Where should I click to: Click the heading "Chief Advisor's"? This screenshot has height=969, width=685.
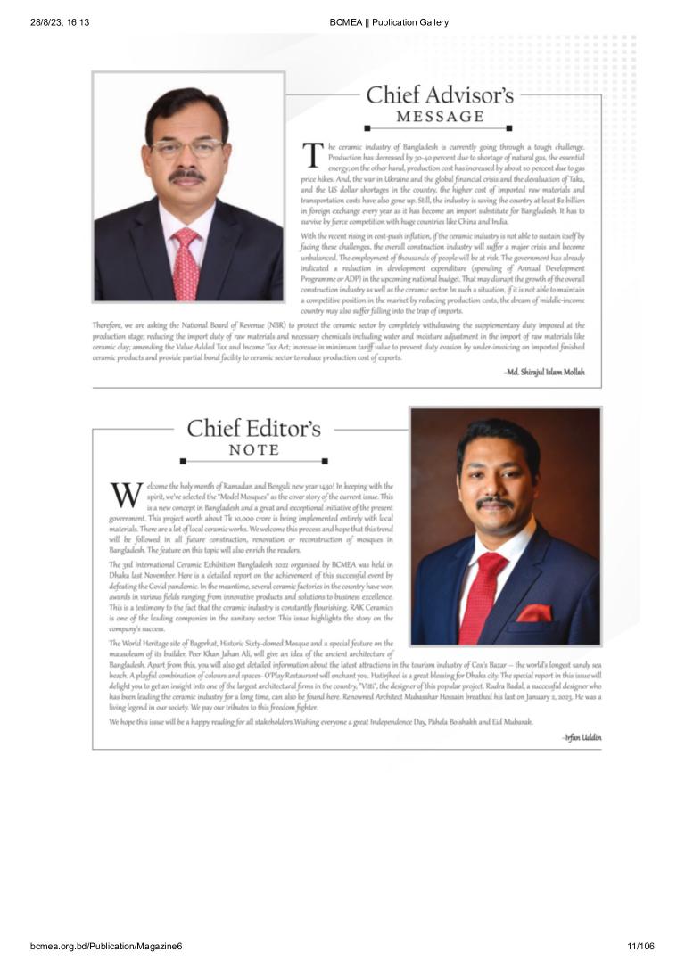coord(440,95)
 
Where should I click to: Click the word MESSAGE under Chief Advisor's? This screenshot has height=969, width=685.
coord(440,117)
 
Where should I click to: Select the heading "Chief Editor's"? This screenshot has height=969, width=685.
coord(253,428)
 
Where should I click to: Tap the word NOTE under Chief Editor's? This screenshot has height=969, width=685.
coord(254,449)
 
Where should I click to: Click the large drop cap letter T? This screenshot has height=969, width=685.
coord(312,155)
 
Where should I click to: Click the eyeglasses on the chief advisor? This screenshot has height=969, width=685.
coord(186,147)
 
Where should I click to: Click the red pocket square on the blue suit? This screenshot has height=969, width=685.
coord(535,613)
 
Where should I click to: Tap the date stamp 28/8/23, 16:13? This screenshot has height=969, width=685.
coord(60,22)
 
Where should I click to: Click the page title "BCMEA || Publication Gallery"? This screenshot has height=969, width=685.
coord(389,22)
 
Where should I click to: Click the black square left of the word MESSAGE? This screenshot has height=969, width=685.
coord(367,128)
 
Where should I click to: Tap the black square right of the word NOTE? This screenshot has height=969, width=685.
coord(325,461)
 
